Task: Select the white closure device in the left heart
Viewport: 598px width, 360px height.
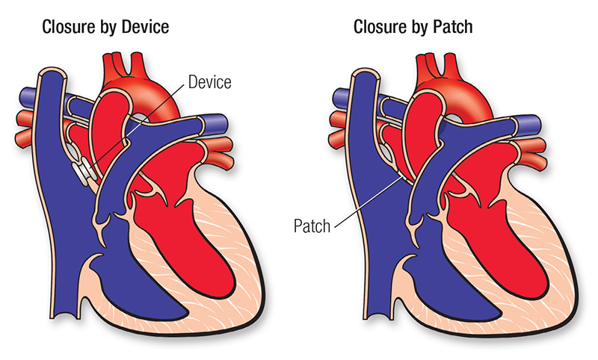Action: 87,171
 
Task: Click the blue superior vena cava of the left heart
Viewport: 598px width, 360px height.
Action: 54,112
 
